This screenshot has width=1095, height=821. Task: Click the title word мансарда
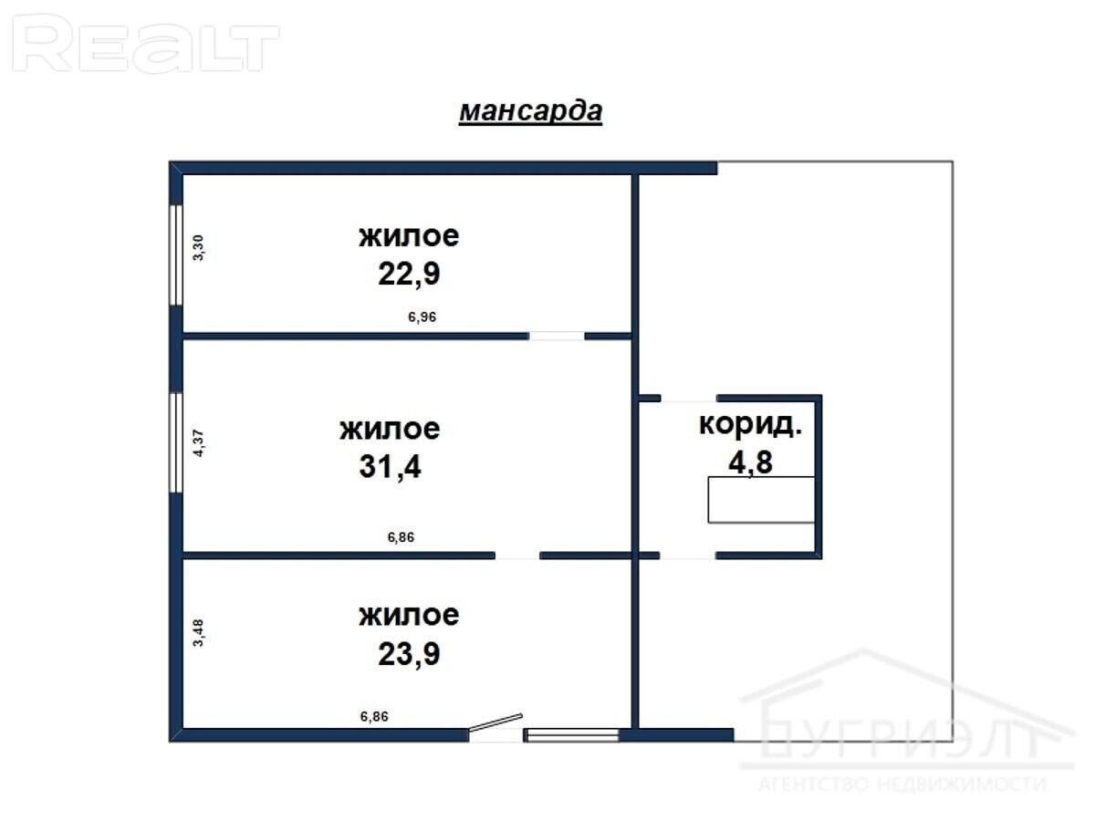point(530,111)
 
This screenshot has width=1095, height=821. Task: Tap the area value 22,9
point(409,274)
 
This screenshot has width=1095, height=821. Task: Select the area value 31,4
point(391,466)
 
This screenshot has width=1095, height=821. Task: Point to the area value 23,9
point(409,653)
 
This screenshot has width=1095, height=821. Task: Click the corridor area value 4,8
point(750,462)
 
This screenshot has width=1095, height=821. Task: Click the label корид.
point(750,424)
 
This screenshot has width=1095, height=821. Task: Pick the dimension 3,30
point(199,248)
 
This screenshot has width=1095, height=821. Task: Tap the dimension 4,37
point(199,443)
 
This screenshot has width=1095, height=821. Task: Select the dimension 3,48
point(199,632)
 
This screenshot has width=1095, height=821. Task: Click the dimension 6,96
point(422,317)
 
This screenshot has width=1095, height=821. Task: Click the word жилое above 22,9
point(409,236)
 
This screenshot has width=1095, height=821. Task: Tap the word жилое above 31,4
point(391,429)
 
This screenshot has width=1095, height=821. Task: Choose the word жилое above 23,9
point(409,616)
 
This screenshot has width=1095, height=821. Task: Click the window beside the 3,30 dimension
point(175,255)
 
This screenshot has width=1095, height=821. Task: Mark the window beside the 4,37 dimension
point(175,442)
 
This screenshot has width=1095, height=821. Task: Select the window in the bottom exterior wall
point(573,734)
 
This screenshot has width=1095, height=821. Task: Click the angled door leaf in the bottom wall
point(495,722)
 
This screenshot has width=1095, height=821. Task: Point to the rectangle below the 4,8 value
point(761,500)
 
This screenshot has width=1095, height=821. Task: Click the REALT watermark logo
point(145,44)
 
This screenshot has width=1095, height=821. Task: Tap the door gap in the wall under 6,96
point(557,336)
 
